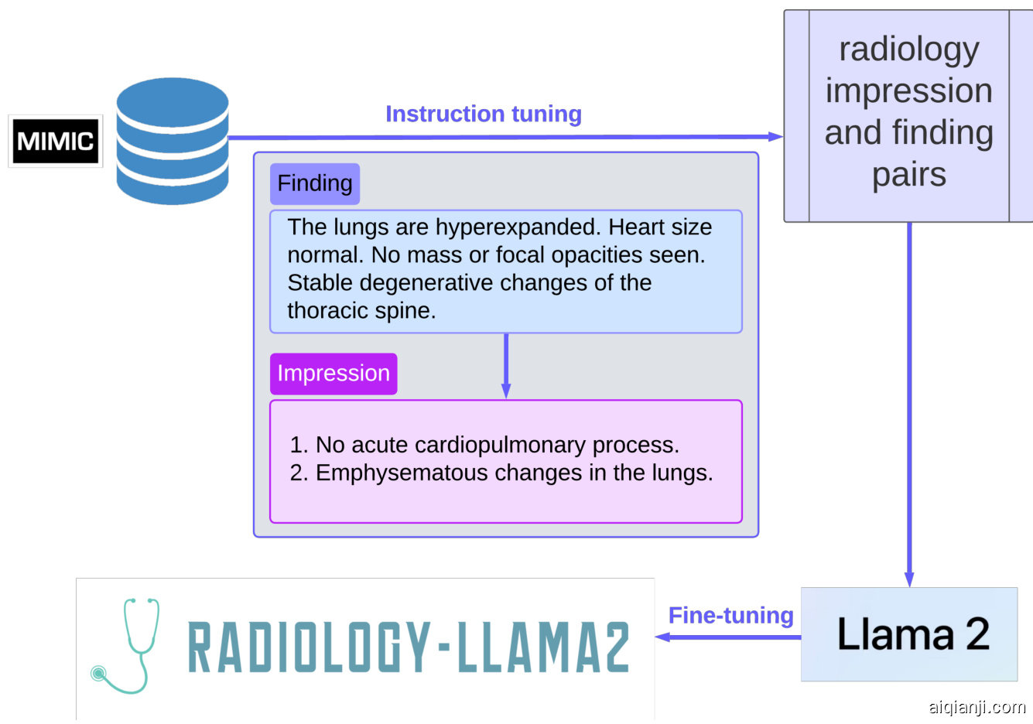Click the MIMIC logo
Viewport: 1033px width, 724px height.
(x=55, y=141)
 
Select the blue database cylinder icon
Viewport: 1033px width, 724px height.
(x=173, y=141)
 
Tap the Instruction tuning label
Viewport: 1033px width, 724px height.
(x=483, y=114)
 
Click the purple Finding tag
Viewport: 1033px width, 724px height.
(x=314, y=183)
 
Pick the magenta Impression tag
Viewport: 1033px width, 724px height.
(x=334, y=374)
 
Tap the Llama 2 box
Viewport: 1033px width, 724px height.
(x=909, y=634)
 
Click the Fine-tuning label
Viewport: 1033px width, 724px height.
(x=730, y=616)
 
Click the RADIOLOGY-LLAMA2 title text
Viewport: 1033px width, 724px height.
(x=409, y=647)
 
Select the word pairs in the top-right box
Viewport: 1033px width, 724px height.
(x=909, y=175)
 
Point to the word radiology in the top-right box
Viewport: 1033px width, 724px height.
(x=909, y=50)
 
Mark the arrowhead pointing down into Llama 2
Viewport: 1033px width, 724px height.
(x=909, y=579)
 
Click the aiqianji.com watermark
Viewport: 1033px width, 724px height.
(x=977, y=707)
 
